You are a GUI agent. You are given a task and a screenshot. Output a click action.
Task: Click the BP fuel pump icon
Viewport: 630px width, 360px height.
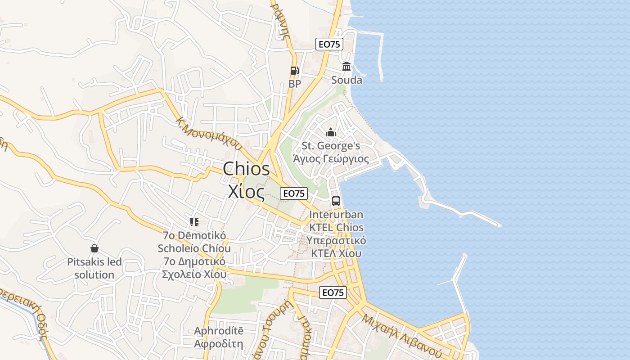click(x=294, y=70)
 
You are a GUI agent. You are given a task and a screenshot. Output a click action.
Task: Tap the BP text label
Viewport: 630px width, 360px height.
click(x=295, y=84)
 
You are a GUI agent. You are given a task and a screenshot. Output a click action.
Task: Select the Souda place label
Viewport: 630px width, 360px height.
click(x=346, y=80)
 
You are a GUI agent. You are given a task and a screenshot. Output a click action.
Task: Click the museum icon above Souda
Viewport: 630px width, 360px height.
click(x=346, y=67)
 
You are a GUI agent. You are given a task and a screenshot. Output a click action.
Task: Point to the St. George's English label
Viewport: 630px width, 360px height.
click(x=331, y=146)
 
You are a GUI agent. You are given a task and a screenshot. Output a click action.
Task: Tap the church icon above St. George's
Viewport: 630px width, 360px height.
click(x=331, y=132)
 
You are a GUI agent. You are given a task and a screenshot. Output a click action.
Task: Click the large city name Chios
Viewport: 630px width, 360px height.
click(x=246, y=169)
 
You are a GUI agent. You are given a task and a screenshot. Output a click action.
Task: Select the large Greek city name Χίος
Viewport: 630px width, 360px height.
click(x=246, y=192)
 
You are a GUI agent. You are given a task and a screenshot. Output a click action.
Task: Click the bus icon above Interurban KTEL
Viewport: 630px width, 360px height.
click(x=336, y=201)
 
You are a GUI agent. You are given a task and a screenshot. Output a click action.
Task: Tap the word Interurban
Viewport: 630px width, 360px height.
click(x=336, y=215)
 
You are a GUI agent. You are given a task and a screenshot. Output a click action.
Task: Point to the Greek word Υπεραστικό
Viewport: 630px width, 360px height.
click(x=336, y=240)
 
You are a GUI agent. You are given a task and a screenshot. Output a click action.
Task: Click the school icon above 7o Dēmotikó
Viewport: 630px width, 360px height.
click(x=194, y=222)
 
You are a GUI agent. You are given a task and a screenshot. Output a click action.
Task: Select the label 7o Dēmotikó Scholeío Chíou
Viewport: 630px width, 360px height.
click(x=194, y=242)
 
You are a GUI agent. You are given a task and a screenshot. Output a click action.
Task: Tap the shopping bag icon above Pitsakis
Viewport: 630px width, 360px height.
click(x=94, y=248)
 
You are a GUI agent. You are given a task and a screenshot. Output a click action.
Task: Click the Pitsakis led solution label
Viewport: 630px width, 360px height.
click(x=94, y=268)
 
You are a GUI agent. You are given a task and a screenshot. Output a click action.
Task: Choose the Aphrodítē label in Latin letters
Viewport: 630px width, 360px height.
click(x=219, y=331)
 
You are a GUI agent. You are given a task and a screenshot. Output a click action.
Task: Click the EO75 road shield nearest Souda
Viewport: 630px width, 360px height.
click(x=329, y=44)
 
